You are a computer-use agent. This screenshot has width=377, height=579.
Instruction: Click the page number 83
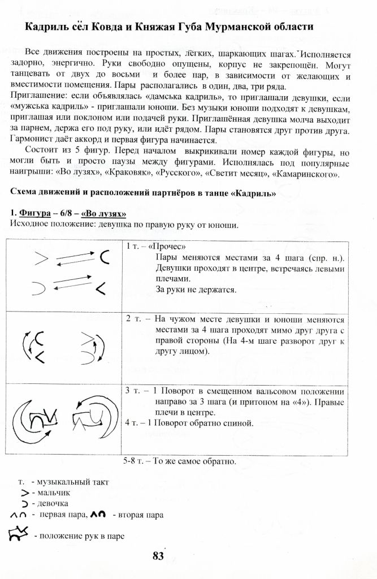(158, 556)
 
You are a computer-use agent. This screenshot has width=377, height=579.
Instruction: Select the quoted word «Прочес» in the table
(164, 247)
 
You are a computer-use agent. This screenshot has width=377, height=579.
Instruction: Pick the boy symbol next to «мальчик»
(24, 493)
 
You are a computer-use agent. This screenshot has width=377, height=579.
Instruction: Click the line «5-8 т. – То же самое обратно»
(179, 461)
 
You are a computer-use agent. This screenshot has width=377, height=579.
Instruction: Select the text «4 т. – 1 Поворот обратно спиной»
(189, 423)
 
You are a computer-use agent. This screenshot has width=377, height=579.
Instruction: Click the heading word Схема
(25, 193)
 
